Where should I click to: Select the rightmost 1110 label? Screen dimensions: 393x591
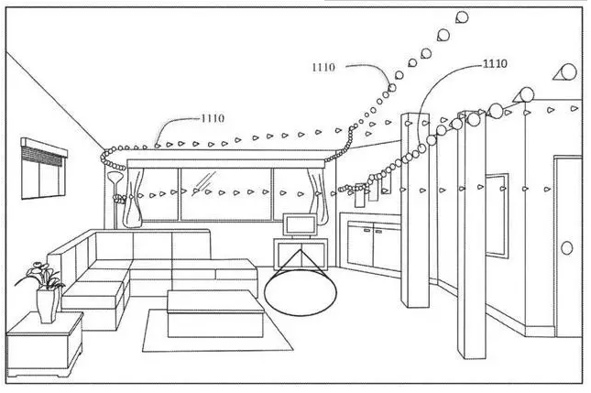point(494,63)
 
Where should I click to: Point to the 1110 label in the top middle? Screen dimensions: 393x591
point(323,66)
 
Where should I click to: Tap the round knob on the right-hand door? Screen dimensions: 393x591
point(565,247)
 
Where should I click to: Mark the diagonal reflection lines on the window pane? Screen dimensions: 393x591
point(204,190)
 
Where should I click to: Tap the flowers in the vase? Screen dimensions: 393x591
point(39,275)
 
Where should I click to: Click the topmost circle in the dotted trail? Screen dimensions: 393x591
point(462,16)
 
